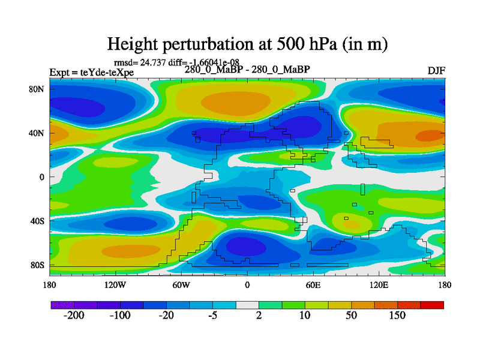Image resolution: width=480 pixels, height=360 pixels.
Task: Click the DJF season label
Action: (x=436, y=71)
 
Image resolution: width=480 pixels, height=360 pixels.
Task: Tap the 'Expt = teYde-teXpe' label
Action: (x=91, y=73)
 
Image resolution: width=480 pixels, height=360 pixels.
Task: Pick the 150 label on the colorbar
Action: (x=398, y=316)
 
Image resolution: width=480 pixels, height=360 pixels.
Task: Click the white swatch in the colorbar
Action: (x=247, y=305)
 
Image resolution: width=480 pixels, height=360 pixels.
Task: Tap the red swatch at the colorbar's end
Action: (x=432, y=305)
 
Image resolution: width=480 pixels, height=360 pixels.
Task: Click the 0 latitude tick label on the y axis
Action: (x=43, y=177)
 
